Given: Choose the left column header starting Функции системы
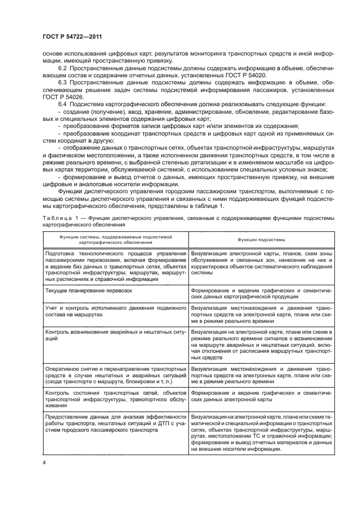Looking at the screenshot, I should (115, 239).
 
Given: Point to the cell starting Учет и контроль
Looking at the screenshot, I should (115, 311).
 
